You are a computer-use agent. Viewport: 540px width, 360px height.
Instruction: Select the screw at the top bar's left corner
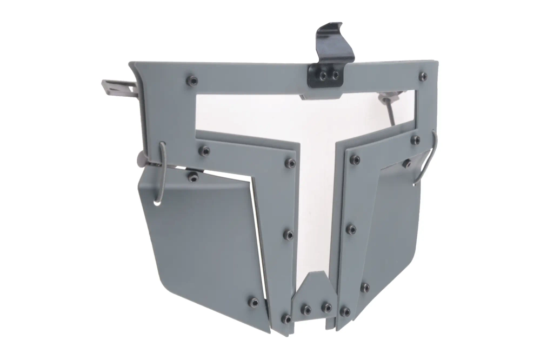pyautogui.click(x=192, y=81)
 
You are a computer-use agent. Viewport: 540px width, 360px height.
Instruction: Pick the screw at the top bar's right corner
pyautogui.click(x=423, y=76)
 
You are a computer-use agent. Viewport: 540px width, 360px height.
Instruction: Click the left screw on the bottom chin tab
pyautogui.click(x=306, y=310)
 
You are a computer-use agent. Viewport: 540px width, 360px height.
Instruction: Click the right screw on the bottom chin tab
pyautogui.click(x=326, y=307)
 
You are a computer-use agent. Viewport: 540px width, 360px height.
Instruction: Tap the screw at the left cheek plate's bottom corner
pyautogui.click(x=253, y=302)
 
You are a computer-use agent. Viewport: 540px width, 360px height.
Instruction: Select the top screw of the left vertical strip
pyautogui.click(x=290, y=163)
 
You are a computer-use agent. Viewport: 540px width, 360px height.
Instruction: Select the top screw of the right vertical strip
pyautogui.click(x=355, y=159)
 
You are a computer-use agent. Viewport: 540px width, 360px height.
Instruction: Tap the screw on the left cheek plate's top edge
pyautogui.click(x=192, y=176)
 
